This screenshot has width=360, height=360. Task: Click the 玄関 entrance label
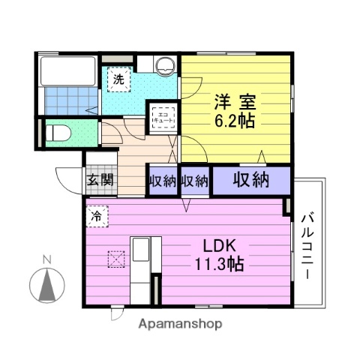pyautogui.click(x=99, y=180)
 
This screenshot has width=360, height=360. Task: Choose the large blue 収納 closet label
pyautogui.click(x=250, y=180)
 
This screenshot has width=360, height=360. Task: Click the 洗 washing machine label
pyautogui.click(x=120, y=77)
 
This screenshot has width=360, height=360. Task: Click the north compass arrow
pyautogui.click(x=47, y=284)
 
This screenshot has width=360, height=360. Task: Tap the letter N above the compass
pyautogui.click(x=47, y=260)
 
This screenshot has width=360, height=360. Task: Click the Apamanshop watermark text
pyautogui.click(x=180, y=325)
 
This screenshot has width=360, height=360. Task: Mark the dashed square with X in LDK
pyautogui.click(x=116, y=257)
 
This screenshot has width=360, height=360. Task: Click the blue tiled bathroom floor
pyautogui.click(x=70, y=100)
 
